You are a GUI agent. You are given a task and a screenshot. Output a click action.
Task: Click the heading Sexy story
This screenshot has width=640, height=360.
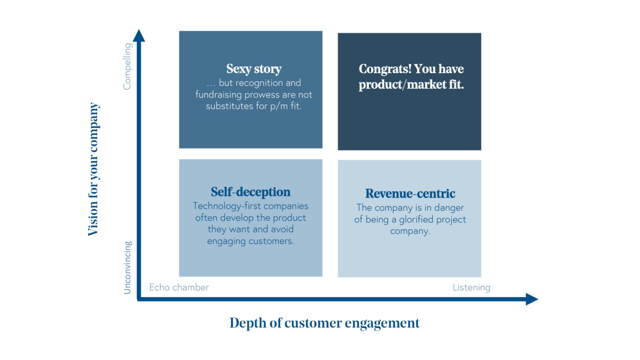click(x=254, y=69)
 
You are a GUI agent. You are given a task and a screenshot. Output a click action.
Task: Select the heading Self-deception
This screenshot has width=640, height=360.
click(x=250, y=192)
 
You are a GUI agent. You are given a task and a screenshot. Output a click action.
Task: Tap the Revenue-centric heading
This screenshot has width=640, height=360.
click(x=410, y=194)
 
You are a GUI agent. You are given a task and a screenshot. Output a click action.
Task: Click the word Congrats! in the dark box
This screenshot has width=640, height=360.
click(x=385, y=69)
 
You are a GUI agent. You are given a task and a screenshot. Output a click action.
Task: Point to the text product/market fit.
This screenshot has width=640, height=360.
click(x=411, y=84)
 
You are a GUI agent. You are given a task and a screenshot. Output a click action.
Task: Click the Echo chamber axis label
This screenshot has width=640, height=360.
click(x=179, y=287)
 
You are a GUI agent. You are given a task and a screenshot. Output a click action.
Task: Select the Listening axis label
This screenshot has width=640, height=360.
click(x=471, y=287)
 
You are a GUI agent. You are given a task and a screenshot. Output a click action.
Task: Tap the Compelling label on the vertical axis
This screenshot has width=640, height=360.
click(x=127, y=66)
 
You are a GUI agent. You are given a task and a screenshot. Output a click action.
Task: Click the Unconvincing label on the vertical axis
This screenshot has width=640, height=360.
click(x=127, y=267)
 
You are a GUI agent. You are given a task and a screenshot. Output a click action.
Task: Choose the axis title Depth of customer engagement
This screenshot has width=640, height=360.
click(x=324, y=323)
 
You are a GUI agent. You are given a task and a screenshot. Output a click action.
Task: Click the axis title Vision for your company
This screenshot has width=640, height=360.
click(x=93, y=169)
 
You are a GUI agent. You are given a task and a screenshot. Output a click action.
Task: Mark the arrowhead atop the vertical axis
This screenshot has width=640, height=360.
click(x=139, y=36)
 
